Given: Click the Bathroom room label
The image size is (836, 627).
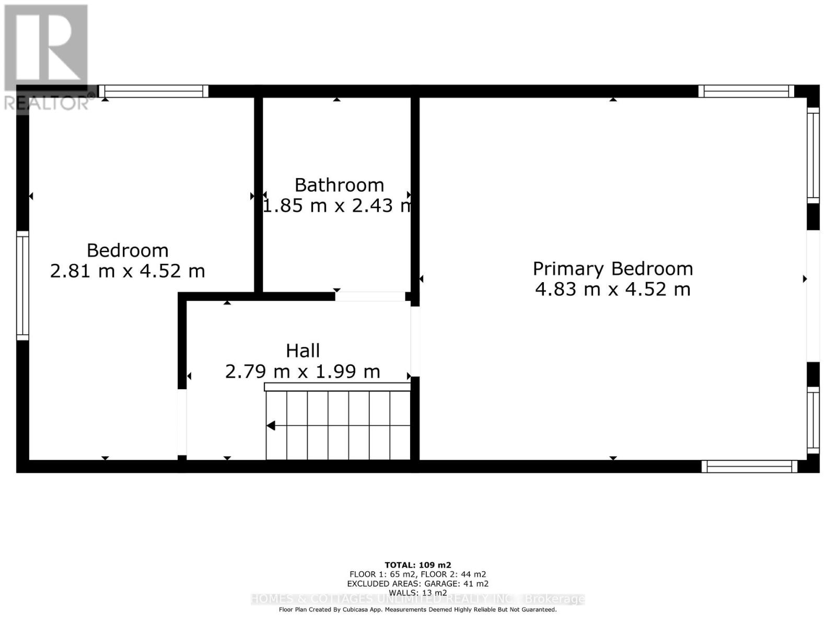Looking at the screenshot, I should pos(339,185).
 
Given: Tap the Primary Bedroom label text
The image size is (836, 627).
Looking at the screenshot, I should pos(612,269).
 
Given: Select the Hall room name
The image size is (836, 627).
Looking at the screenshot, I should pos(303,351).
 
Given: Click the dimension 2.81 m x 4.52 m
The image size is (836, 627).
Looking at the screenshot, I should pos(127,271).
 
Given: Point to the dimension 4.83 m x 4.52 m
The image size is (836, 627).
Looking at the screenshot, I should pos(612,289).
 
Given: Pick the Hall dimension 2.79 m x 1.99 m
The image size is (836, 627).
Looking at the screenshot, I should pos(303,371).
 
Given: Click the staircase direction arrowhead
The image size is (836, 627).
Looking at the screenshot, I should pos(271,426).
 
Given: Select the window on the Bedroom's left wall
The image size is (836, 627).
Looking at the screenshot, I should pos(22,285).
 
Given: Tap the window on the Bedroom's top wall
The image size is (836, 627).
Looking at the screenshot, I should pos(153,91).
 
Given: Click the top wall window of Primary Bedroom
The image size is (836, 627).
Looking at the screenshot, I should pos(746,91).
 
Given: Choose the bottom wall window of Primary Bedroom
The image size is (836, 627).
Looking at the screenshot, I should pos(749,466).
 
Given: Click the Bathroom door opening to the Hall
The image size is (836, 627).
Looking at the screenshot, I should pos(370,296).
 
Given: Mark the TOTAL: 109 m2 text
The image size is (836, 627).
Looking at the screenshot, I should pos(417,565).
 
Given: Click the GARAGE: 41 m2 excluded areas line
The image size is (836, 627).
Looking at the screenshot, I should pos(417,584).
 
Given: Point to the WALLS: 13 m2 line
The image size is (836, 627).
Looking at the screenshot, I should pos(417,593).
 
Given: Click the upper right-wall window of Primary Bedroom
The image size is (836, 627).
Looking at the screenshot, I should pos(813,155).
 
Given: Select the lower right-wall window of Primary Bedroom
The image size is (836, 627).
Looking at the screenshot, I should pos(813,420).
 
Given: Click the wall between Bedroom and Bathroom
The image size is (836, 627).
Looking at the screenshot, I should pos(258,193).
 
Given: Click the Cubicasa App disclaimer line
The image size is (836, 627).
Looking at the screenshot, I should pos(417,609).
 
